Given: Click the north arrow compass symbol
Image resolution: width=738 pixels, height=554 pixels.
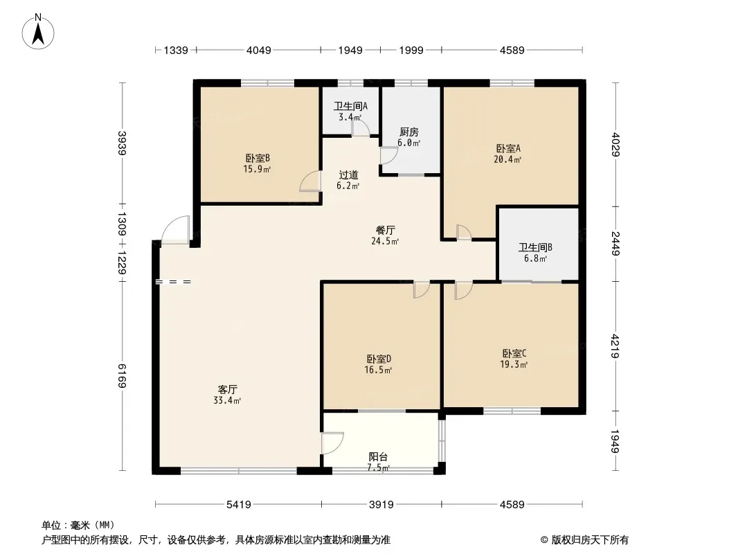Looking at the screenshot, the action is pyautogui.click(x=38, y=32).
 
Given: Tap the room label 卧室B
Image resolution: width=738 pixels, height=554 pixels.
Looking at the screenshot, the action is pyautogui.click(x=257, y=158).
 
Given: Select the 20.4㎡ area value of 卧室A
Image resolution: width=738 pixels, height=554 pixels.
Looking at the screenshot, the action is pyautogui.click(x=507, y=159).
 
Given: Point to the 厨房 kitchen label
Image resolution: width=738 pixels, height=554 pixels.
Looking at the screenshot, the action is pyautogui.click(x=408, y=132).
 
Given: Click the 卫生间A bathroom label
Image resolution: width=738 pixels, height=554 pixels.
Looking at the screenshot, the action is pyautogui.click(x=350, y=107).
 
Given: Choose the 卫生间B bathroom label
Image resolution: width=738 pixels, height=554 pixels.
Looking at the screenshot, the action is pyautogui.click(x=535, y=248).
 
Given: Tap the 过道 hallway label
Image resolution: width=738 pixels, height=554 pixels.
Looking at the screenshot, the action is pyautogui.click(x=348, y=175).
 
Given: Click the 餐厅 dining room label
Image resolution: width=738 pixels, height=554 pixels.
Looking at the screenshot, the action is pyautogui.click(x=385, y=230).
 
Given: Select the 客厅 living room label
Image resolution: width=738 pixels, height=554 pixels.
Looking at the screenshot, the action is pyautogui.click(x=227, y=389).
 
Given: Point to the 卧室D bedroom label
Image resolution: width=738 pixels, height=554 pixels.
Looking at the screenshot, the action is pyautogui.click(x=379, y=359).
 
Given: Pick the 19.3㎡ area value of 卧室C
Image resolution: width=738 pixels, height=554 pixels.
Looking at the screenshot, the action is pyautogui.click(x=514, y=364).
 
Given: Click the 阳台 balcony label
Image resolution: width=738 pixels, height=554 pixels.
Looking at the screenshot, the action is pyautogui.click(x=378, y=456).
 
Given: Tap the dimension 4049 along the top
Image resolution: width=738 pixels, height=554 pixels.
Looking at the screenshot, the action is pyautogui.click(x=258, y=50).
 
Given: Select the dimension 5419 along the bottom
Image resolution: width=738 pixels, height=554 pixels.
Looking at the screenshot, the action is pyautogui.click(x=239, y=505).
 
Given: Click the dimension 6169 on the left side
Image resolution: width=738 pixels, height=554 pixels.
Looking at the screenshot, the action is pyautogui.click(x=122, y=375).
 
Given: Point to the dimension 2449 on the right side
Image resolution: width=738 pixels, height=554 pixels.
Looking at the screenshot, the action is pyautogui.click(x=615, y=243).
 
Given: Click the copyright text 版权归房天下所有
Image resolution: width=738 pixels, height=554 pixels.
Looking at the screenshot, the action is pyautogui.click(x=590, y=540).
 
